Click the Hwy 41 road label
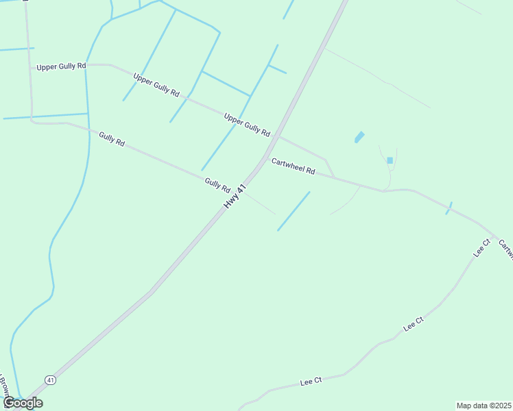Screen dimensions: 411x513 [235, 197]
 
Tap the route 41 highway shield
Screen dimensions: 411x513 [50, 379]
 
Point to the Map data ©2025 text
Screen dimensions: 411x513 [484, 406]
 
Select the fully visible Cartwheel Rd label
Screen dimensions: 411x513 [293, 166]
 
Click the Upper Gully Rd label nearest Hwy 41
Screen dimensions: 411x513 [247, 125]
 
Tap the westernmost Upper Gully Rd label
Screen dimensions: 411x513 [61, 66]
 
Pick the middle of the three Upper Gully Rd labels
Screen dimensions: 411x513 [156, 84]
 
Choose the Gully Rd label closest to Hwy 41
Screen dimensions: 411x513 [217, 185]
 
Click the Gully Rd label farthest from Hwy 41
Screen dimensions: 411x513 [111, 139]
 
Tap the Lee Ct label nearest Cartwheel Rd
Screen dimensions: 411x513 [482, 247]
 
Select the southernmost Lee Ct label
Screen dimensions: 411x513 [311, 382]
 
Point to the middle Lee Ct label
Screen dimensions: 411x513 [414, 324]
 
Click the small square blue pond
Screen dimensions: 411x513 [390, 160]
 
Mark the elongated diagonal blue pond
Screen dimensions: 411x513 [359, 137]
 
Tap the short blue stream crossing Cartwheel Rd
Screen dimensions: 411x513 [449, 208]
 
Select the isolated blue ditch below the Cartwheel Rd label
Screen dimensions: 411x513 [294, 211]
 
